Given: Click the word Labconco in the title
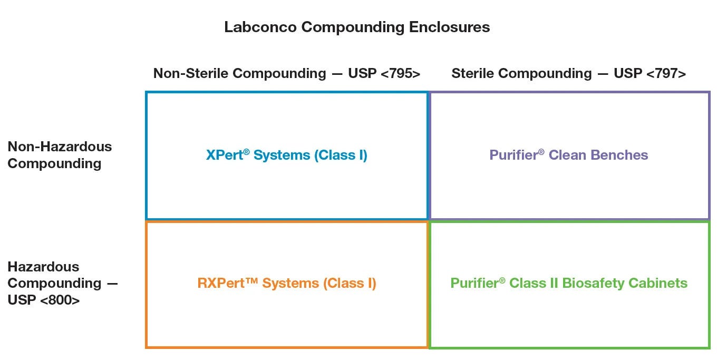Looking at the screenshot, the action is coord(260,27).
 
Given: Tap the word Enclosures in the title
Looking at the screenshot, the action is coord(449,27).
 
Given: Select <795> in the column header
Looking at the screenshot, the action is coord(401,74).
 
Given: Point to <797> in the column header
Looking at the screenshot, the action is coord(666,74).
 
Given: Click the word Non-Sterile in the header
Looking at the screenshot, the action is coord(191,73).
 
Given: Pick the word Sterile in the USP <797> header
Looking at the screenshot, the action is coord(473,73).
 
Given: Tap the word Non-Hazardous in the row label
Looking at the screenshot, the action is coord(60,147).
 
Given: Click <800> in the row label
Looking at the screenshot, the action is coord(60,300).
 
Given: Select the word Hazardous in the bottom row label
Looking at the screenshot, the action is coord(43,267).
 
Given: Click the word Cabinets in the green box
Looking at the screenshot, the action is coord(658,283).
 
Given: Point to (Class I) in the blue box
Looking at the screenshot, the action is coord(341,155).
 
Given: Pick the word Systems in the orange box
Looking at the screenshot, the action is coord(290,283).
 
